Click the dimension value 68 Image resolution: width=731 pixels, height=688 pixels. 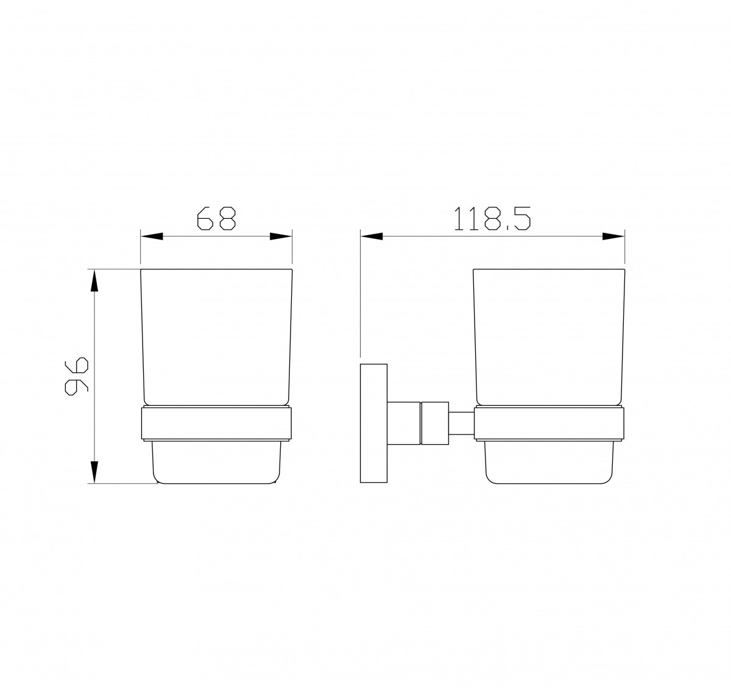(x=216, y=218)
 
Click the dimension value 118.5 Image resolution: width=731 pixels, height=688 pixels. (x=492, y=218)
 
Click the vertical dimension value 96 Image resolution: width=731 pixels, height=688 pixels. (x=77, y=376)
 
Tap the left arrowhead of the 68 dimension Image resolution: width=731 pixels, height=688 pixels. (x=152, y=236)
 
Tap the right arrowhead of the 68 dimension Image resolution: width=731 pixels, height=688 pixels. (x=281, y=236)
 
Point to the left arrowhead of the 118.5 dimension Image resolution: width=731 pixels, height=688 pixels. (x=372, y=236)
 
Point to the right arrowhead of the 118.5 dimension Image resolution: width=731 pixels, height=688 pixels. (x=613, y=236)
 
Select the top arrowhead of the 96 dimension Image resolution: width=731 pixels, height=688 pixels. (x=95, y=280)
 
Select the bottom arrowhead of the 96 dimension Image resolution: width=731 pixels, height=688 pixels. (x=95, y=472)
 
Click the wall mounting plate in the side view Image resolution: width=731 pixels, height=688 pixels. (x=373, y=423)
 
